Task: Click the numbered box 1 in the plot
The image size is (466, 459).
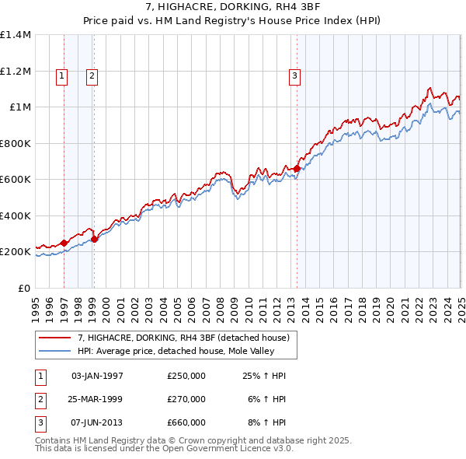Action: point(61,75)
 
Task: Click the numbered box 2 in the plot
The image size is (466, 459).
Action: point(92,75)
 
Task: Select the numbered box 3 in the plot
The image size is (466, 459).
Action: point(295,75)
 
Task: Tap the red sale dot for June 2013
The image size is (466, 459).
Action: point(297,169)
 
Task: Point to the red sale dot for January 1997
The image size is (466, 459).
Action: point(64,243)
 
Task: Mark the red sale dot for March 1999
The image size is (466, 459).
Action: point(95,240)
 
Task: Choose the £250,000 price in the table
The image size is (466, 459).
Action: point(186,376)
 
